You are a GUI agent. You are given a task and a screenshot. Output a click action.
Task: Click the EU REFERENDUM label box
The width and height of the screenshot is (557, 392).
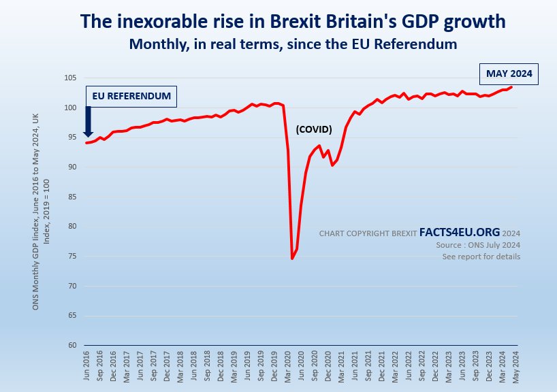coord(131,96)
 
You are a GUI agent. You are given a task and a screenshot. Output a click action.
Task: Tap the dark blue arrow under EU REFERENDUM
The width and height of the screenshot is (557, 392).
coord(89,125)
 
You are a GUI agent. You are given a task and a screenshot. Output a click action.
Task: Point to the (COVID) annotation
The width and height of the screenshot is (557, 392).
coord(313,129)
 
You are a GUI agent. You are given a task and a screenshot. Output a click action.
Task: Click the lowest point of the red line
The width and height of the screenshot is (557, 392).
coord(292,259)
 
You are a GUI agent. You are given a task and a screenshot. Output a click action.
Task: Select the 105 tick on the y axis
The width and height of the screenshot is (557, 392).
coord(71,78)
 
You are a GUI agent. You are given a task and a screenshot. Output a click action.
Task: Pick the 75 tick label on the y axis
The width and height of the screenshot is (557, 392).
coord(73,256)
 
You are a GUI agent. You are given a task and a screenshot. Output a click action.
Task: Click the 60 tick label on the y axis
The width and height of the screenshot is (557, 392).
coord(73,345)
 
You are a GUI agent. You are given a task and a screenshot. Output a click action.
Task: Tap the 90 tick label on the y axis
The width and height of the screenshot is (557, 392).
coord(73,167)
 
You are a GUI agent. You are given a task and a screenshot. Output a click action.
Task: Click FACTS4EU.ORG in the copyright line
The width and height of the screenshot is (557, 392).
coord(459,233)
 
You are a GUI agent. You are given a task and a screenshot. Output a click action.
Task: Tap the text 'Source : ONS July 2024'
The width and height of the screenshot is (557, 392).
coord(478,245)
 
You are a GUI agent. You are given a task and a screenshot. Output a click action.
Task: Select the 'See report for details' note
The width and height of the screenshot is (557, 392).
coord(481,257)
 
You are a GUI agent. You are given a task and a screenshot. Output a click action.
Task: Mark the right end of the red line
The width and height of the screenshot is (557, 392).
coord(511,87)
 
